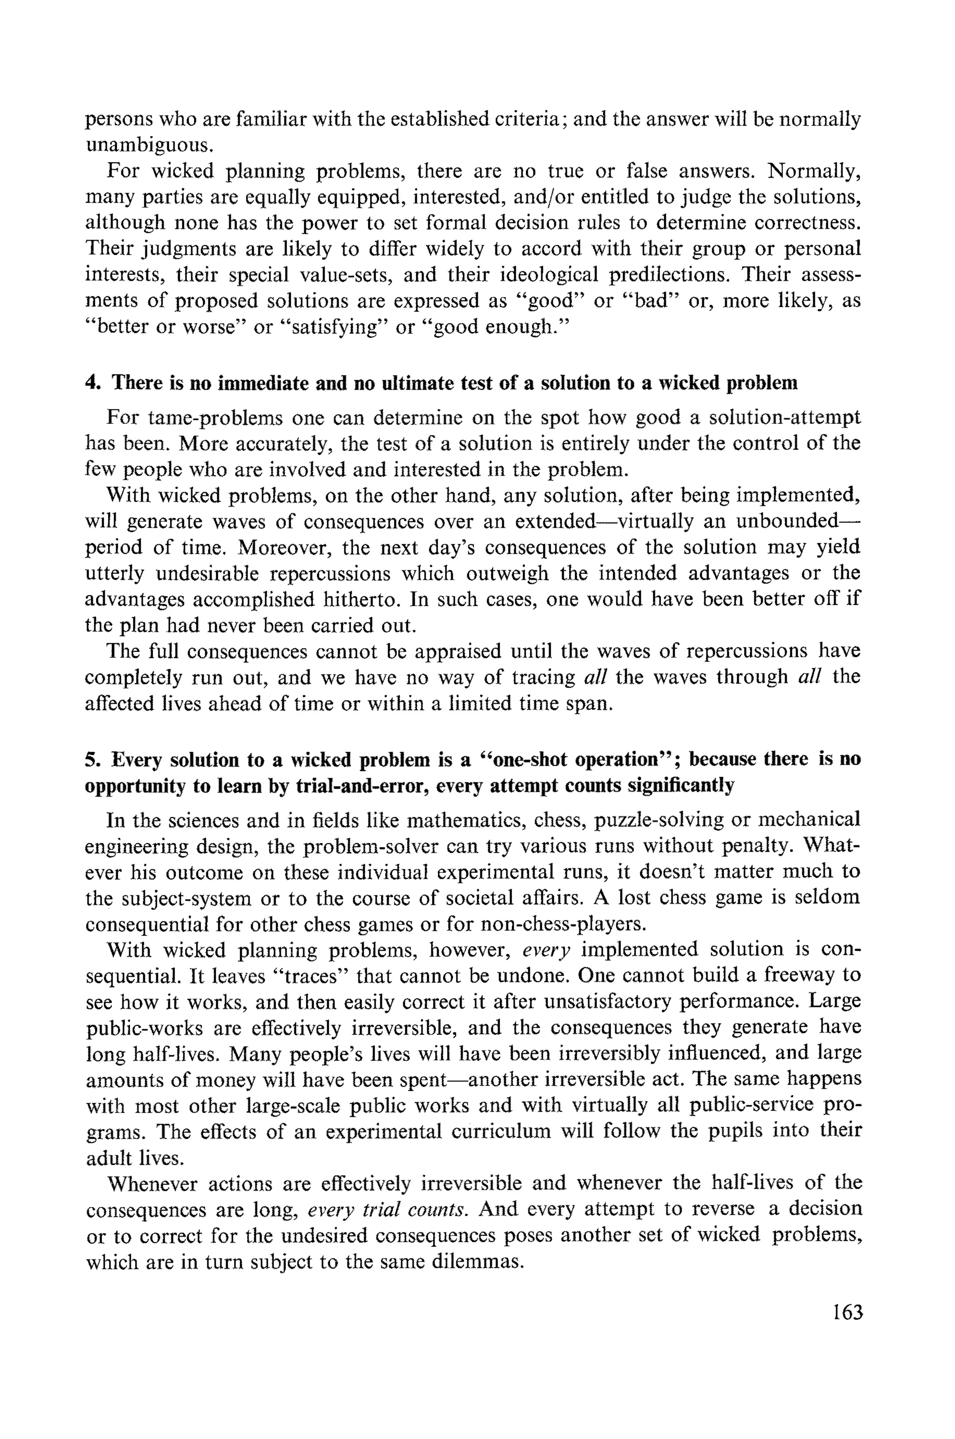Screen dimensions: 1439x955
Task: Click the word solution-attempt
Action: coord(776,418)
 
